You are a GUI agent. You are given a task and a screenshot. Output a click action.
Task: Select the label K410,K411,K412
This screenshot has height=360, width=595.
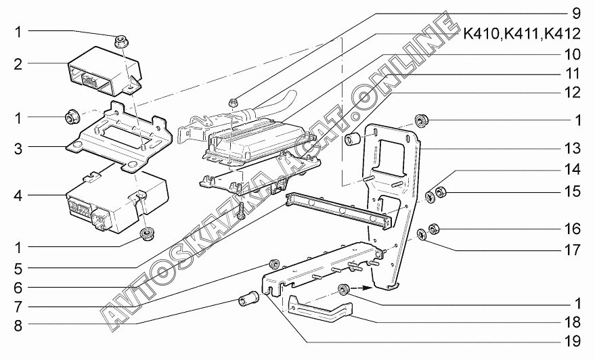point(522,34)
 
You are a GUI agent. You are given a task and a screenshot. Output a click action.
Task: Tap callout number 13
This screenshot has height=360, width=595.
point(571,148)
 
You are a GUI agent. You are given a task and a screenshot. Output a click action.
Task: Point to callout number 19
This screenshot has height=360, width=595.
point(571,342)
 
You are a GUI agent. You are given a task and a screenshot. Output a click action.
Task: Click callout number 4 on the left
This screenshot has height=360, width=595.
point(18,196)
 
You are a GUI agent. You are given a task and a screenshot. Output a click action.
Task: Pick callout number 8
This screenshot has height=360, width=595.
point(18,325)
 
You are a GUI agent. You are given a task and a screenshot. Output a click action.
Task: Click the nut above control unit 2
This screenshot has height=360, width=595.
point(120,41)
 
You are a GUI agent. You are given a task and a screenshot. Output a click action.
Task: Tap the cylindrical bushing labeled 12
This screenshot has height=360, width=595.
point(353,139)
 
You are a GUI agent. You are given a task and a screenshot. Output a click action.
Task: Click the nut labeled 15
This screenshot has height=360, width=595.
point(441,193)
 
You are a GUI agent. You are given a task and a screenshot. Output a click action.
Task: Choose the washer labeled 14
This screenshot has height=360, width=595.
point(431,196)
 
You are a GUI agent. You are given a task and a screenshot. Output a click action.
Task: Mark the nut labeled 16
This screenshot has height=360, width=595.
point(434,229)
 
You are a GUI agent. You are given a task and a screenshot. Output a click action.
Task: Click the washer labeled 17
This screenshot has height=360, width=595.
point(422,235)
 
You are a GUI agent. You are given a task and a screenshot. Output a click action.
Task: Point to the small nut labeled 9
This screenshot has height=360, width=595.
point(233,102)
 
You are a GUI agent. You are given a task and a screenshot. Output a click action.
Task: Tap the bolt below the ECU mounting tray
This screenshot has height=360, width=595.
point(243,210)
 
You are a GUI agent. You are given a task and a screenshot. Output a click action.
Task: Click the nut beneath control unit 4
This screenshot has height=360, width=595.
point(145,234)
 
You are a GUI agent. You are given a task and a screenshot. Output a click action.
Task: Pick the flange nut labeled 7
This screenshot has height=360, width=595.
point(273,264)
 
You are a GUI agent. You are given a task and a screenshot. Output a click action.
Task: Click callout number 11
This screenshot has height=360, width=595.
point(571,73)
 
